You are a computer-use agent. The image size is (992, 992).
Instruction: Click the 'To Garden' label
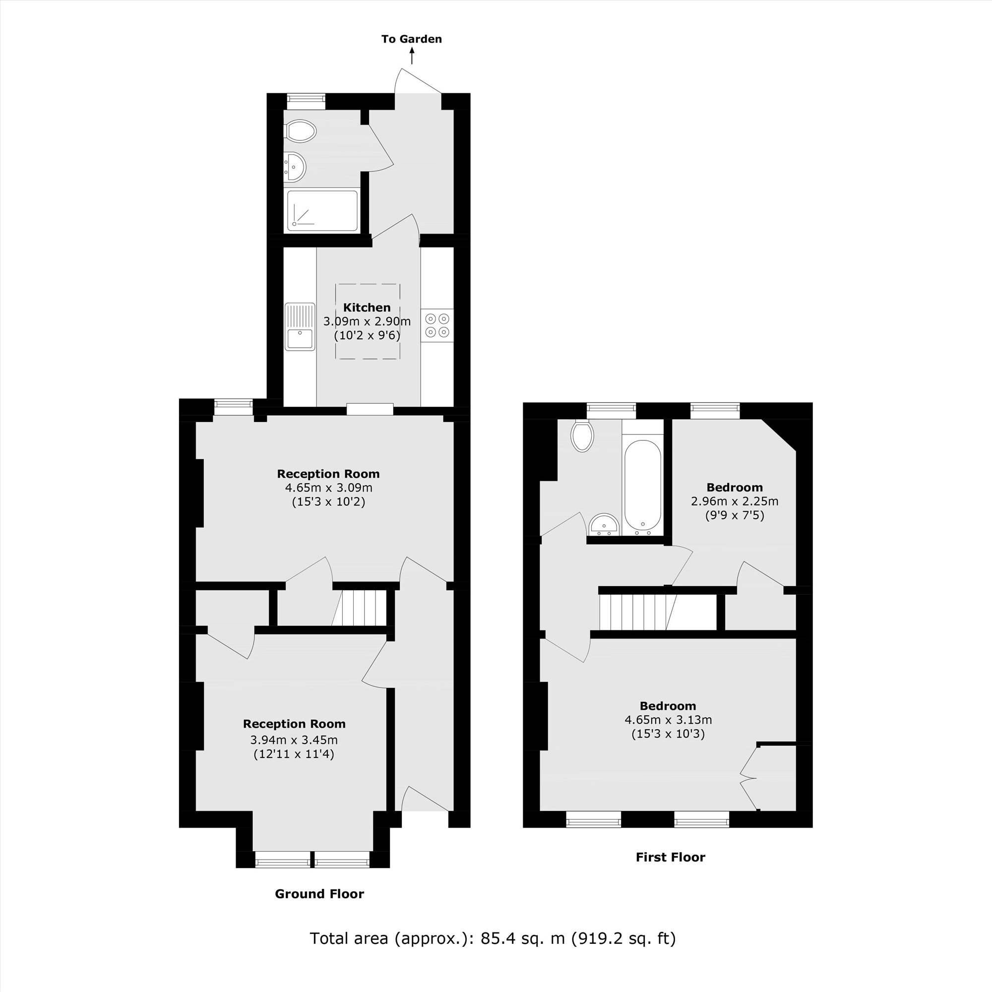tap(411, 39)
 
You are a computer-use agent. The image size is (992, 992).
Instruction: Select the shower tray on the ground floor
tap(322, 210)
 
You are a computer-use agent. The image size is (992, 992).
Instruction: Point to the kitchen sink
tap(300, 326)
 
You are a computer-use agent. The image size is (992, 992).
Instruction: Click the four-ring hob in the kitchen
tap(437, 325)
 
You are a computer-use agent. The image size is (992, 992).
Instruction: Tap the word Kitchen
tap(367, 308)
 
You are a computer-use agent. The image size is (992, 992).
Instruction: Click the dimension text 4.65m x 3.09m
tap(329, 487)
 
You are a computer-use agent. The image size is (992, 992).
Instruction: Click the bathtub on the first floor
tap(642, 485)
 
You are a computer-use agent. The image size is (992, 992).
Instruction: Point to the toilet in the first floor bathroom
tap(582, 436)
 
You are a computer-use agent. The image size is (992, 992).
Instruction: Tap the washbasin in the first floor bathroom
tap(604, 525)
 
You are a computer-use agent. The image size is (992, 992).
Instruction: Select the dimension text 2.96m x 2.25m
tap(734, 500)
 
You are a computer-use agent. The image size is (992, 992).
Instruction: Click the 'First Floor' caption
tap(670, 857)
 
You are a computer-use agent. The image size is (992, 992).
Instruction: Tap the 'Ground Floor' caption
tap(319, 893)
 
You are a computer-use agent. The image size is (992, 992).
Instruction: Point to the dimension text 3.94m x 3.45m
tap(294, 740)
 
